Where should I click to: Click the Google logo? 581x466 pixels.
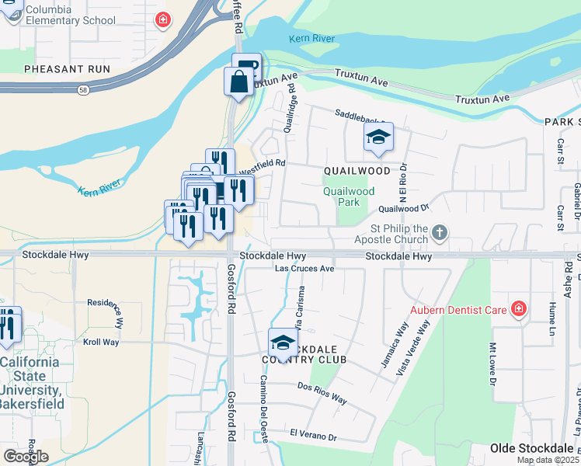26,457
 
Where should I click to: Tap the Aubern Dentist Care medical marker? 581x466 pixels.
519,310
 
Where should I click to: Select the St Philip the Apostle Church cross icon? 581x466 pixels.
440,232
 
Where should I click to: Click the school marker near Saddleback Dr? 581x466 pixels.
378,138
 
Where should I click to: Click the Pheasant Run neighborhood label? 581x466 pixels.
67,69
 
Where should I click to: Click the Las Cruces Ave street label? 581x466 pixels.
306,269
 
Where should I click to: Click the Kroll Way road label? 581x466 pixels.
101,342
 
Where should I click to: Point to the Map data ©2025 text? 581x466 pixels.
547,460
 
